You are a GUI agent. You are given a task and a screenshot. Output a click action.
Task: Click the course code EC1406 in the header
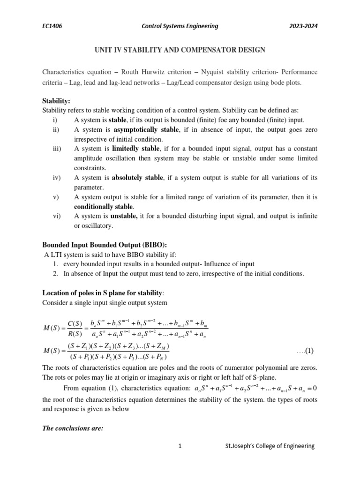tap(52, 26)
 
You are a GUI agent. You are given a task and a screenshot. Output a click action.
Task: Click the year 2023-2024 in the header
tap(305, 26)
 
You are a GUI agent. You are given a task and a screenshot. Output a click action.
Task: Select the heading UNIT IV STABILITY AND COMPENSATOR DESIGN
tap(180, 50)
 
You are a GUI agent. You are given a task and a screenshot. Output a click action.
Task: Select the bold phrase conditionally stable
tap(104, 206)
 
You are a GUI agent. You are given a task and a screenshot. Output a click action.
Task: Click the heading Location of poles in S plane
tap(103, 293)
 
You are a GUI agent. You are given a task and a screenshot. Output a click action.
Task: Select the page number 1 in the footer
tap(180, 446)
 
